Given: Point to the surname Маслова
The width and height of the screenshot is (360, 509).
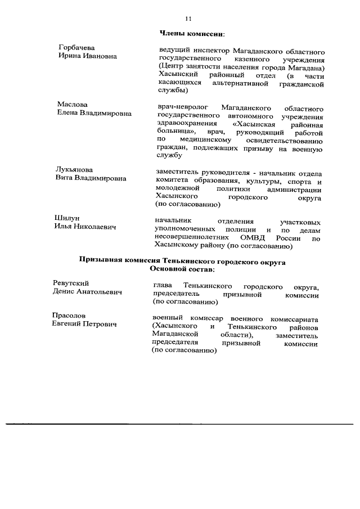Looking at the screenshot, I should pyautogui.click(x=73, y=105).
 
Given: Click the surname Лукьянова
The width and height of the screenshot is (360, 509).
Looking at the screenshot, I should pyautogui.click(x=74, y=169).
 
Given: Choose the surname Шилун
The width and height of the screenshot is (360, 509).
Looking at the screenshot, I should pyautogui.click(x=67, y=218).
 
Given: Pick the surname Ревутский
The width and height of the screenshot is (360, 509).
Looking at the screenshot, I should pyautogui.click(x=71, y=283).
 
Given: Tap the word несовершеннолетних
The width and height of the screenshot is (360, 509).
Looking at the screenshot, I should pyautogui.click(x=191, y=238).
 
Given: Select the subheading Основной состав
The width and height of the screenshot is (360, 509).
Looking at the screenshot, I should pyautogui.click(x=182, y=269).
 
